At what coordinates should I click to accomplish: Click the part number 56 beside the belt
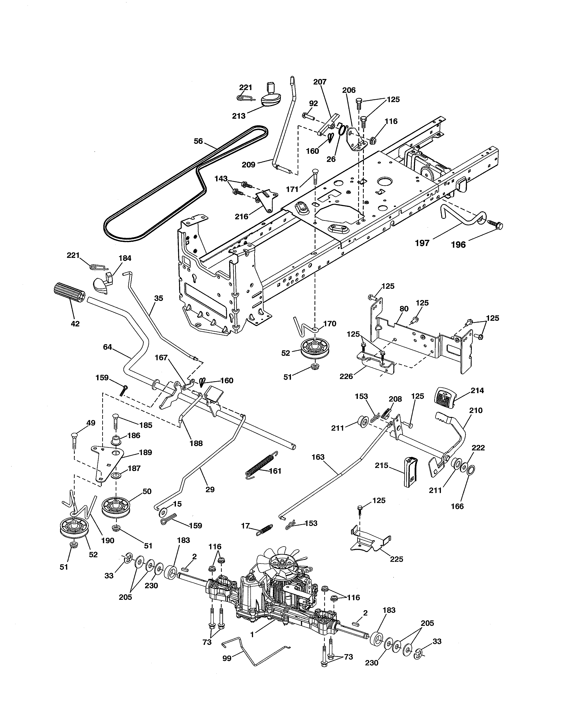click(x=198, y=141)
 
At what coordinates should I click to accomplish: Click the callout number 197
click(x=422, y=243)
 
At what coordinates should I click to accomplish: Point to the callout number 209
click(x=248, y=164)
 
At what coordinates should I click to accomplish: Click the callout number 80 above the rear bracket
click(x=404, y=309)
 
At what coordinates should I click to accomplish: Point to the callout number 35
click(x=159, y=298)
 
